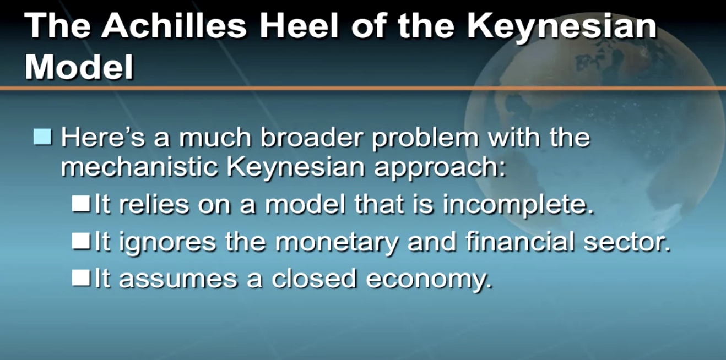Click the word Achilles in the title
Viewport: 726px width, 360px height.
tap(174, 25)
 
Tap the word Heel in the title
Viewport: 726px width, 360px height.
tap(299, 25)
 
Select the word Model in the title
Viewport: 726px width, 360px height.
tap(79, 67)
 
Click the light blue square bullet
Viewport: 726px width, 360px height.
tap(42, 137)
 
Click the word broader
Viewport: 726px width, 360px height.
tap(311, 137)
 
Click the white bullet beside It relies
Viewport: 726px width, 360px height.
tap(81, 204)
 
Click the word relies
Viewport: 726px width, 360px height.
tap(154, 204)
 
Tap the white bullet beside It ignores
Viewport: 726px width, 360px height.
tap(81, 242)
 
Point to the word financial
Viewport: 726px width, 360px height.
tap(520, 241)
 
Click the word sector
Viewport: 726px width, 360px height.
tap(627, 243)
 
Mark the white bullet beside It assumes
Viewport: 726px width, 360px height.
tap(81, 279)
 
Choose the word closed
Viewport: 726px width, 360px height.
tap(314, 278)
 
